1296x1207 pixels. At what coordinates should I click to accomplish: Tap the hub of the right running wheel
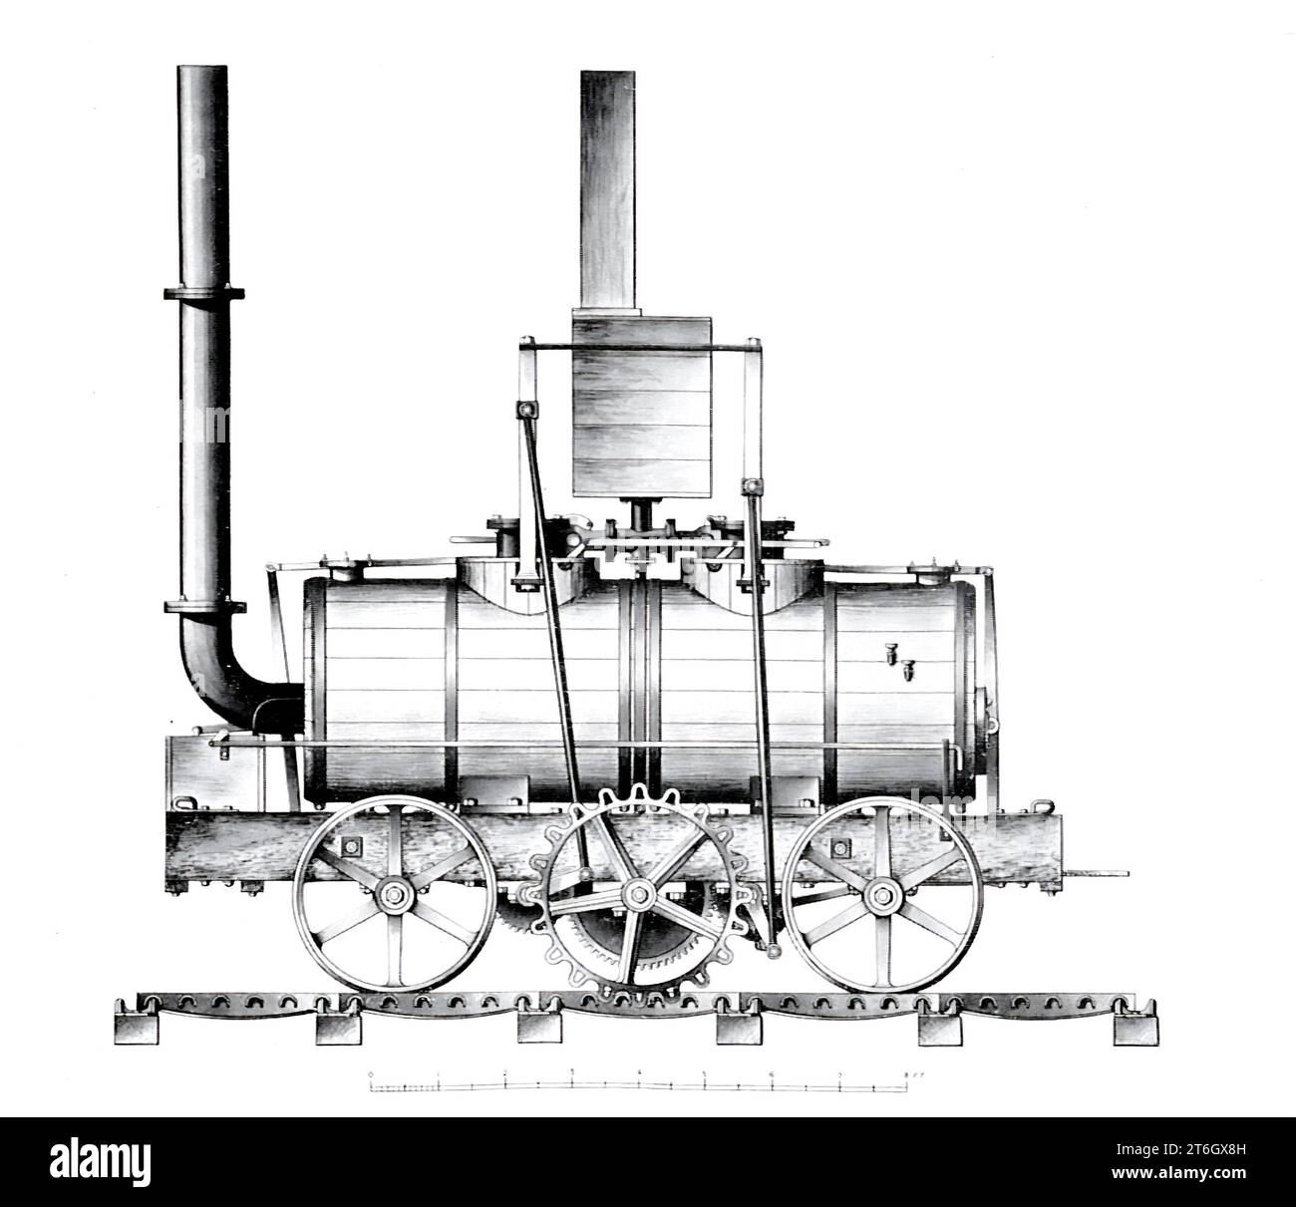pos(879,894)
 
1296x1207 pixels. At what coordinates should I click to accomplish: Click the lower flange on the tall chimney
pos(203,607)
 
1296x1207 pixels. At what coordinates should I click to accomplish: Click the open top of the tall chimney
pos(203,70)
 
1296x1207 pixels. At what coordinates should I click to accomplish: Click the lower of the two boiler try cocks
pos(909,672)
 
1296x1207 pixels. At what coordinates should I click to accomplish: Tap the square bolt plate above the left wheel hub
pos(350,846)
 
